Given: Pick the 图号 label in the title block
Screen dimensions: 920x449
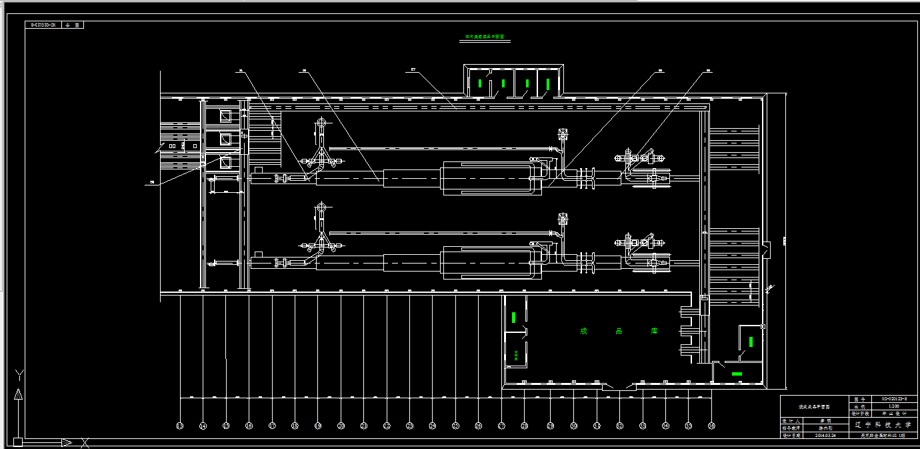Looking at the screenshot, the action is (x=859, y=399).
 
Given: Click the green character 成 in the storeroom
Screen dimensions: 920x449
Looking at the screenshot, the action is (x=584, y=331).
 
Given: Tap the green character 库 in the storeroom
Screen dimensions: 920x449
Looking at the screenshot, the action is (x=655, y=331).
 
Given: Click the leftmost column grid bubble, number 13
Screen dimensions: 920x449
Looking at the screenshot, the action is (x=180, y=425).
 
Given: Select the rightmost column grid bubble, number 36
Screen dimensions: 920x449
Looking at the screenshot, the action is (x=711, y=425).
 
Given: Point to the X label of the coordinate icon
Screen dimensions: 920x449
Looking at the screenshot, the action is (x=85, y=441).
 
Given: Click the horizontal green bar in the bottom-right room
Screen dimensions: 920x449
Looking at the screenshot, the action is (x=737, y=374).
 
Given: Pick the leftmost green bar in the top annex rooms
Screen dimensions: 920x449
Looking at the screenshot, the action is (x=480, y=83).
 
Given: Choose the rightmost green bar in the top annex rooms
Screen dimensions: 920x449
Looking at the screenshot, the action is (x=548, y=84).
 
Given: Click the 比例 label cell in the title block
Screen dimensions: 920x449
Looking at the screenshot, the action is (x=859, y=406).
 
